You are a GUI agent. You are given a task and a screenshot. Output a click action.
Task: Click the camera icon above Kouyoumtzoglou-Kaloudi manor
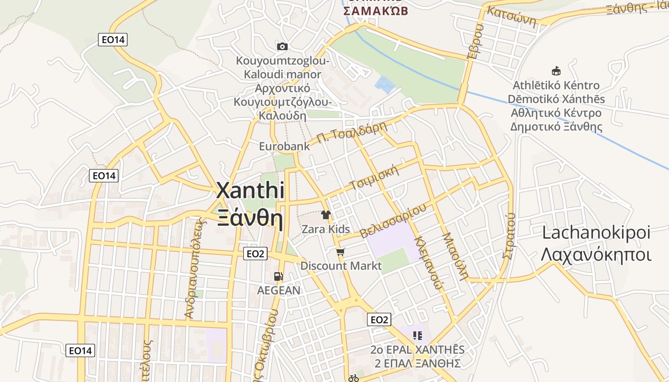point(282,46)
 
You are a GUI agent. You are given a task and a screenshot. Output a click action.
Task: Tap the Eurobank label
point(284,146)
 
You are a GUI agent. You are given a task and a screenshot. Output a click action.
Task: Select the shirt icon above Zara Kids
point(326,215)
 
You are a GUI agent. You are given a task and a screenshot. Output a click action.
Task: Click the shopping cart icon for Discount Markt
point(340,252)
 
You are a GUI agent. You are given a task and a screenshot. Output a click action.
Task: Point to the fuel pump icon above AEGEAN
point(279,276)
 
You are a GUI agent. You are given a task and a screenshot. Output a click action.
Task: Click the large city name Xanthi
point(250,191)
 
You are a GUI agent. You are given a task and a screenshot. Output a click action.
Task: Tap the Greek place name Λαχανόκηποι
point(596,255)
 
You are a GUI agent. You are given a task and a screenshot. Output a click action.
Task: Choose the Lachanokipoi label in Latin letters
point(596,233)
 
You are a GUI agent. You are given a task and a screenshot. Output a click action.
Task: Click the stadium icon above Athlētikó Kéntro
point(556,71)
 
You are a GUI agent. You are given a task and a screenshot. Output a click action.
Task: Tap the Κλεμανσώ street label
point(428,262)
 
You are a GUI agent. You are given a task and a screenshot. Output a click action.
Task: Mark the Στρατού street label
point(509,236)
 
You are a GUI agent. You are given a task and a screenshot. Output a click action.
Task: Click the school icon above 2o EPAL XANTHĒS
point(418,336)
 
